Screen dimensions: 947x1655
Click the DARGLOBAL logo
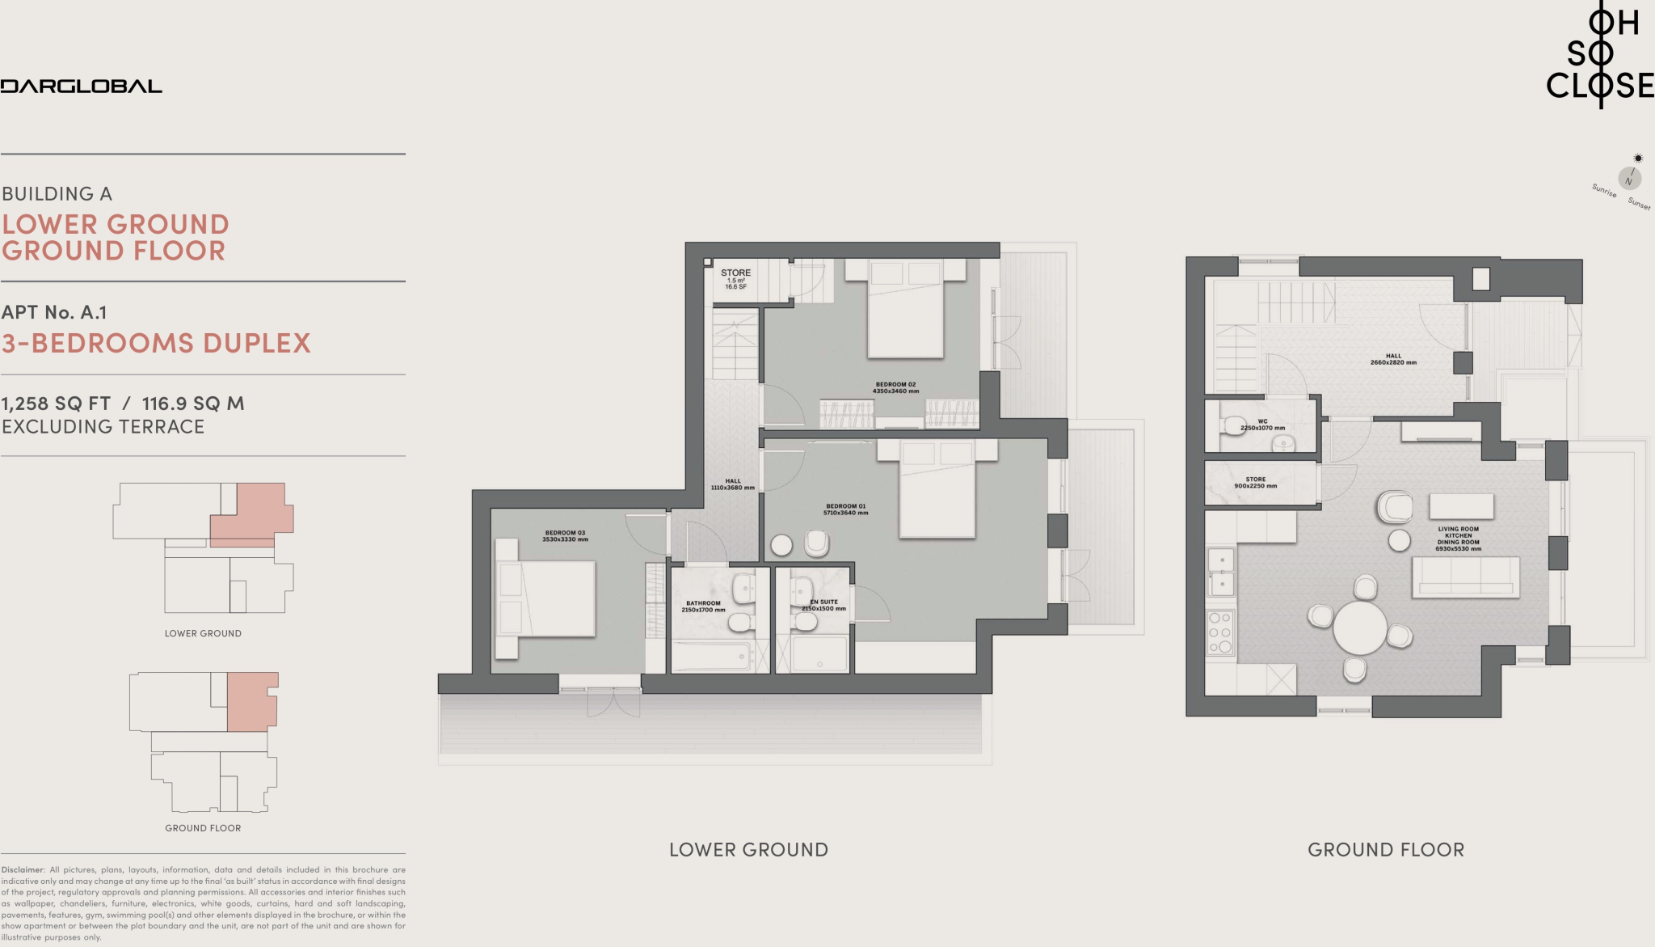[x=81, y=87]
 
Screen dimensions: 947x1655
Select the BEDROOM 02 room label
[x=895, y=387]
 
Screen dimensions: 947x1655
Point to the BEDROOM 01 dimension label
[x=845, y=513]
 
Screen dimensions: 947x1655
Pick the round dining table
[x=1360, y=628]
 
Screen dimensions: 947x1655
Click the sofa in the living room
[x=1465, y=577]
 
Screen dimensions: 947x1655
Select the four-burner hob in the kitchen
[x=1219, y=632]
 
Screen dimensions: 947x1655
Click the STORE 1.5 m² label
[x=735, y=278]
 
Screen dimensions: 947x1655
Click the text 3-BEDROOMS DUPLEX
[x=156, y=343]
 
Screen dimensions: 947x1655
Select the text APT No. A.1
[x=54, y=312]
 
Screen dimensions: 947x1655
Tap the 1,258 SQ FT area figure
[x=56, y=404]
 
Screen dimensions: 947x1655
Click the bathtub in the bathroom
[x=712, y=657]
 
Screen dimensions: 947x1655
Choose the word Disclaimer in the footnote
[x=23, y=870]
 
